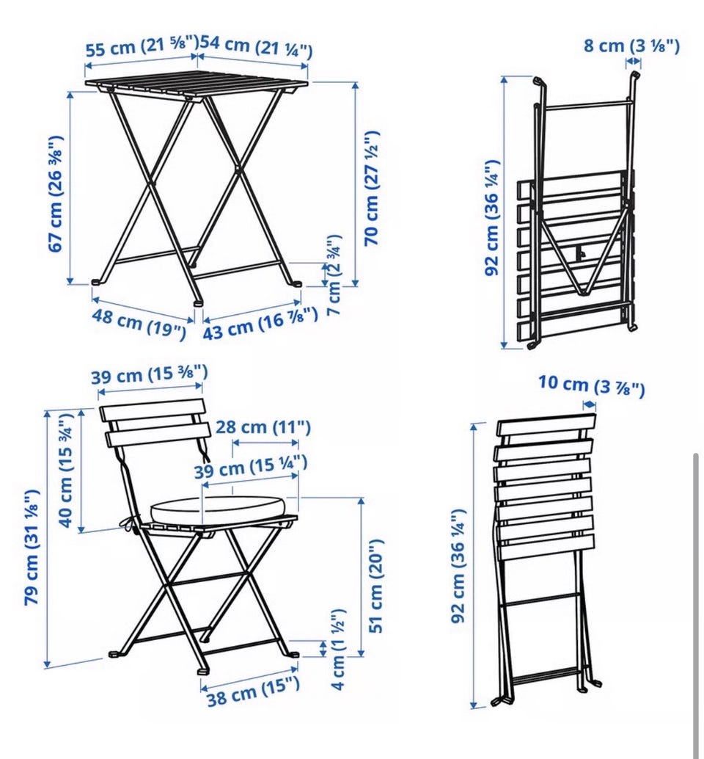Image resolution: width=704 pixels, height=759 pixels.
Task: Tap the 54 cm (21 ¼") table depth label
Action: [256, 46]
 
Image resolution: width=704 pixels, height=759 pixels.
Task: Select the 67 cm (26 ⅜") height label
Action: [56, 194]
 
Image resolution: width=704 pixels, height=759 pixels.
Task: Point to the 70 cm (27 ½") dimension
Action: [372, 188]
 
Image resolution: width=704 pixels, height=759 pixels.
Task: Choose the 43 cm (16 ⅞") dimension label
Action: [260, 323]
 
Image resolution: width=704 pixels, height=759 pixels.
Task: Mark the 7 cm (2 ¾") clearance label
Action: [334, 275]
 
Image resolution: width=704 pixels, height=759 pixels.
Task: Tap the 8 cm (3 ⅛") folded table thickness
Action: [631, 46]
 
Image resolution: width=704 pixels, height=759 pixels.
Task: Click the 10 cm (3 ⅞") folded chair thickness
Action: [591, 386]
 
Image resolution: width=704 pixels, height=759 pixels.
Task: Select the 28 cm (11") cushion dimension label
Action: [263, 427]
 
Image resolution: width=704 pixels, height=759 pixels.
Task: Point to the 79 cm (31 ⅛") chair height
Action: [32, 547]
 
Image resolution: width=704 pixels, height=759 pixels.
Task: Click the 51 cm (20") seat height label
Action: [375, 586]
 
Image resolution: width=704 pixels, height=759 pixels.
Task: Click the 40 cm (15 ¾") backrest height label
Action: [66, 470]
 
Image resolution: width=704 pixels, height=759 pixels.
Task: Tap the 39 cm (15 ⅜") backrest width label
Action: [150, 374]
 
